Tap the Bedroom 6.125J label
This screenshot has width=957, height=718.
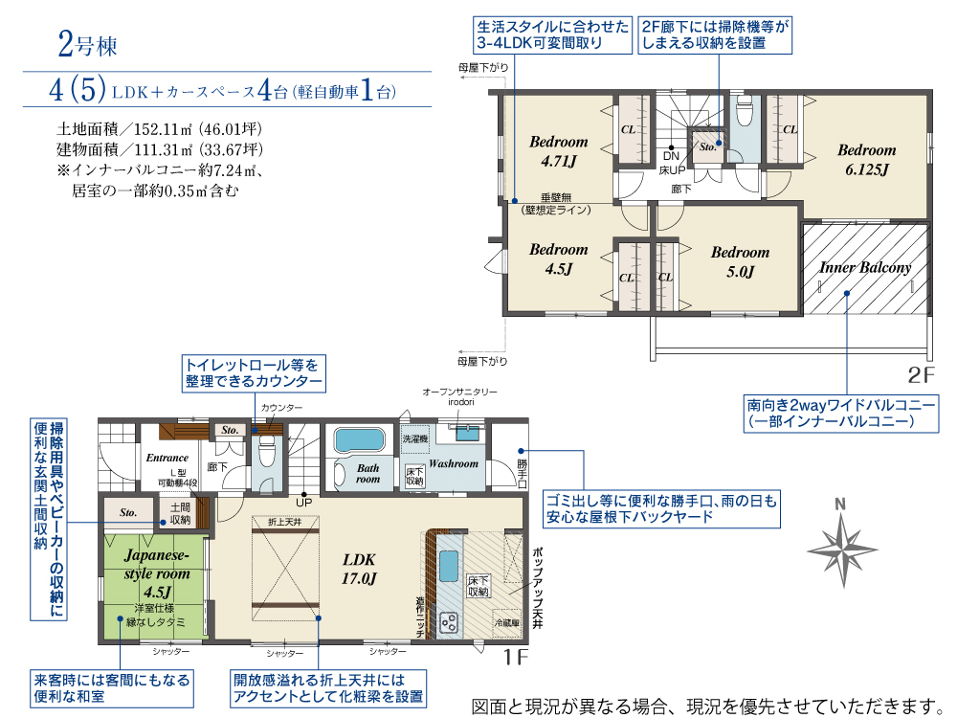(x=866, y=160)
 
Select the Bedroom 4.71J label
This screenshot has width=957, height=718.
(x=558, y=151)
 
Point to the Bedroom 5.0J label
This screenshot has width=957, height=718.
(x=740, y=261)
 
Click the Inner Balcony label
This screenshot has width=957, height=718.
(x=864, y=268)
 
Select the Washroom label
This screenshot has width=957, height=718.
(x=453, y=463)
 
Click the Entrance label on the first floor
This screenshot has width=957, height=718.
(x=167, y=458)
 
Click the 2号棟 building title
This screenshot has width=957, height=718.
(x=86, y=45)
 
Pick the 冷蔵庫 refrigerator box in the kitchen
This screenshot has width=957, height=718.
(x=506, y=621)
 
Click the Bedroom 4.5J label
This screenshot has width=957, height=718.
(x=558, y=259)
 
